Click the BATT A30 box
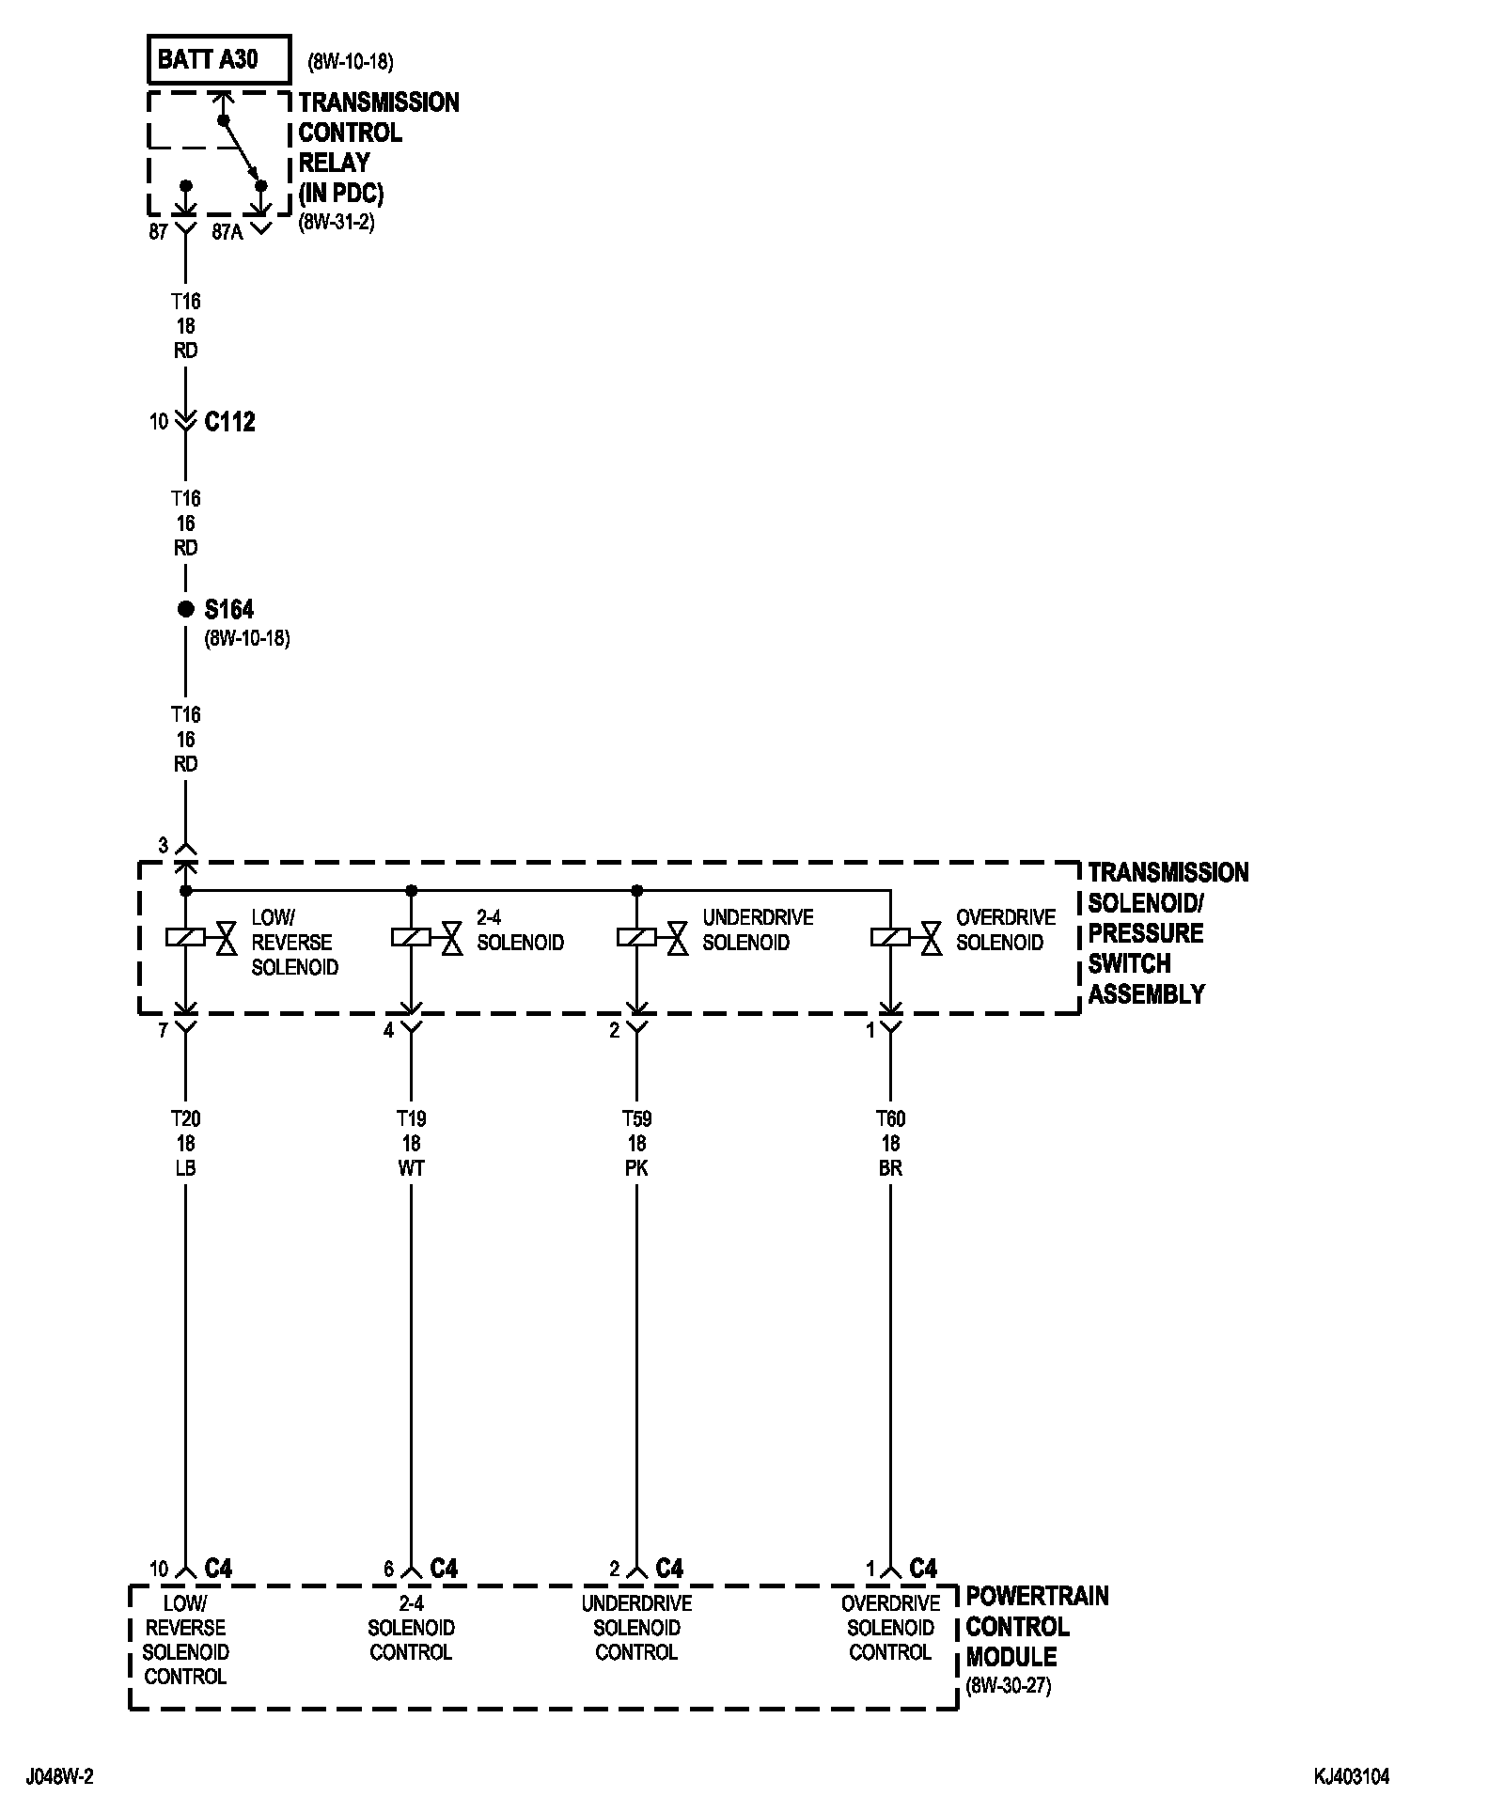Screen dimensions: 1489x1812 217,60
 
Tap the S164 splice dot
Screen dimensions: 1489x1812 185,610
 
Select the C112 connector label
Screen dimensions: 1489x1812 229,422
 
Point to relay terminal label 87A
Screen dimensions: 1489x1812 227,231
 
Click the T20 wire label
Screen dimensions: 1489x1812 185,1118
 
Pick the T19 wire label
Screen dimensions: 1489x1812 411,1118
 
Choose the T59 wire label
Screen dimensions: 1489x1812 636,1118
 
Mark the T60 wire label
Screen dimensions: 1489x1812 890,1118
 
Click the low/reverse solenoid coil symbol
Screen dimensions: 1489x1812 185,937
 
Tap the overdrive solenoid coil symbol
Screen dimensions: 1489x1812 890,937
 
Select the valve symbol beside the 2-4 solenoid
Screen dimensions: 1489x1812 452,937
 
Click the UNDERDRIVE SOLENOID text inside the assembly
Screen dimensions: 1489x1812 758,929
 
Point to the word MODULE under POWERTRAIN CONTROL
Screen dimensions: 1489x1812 1011,1657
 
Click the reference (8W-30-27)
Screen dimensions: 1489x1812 1009,1685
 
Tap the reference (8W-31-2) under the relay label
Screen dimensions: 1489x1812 337,224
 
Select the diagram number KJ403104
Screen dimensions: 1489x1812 1352,1776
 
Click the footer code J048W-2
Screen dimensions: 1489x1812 60,1776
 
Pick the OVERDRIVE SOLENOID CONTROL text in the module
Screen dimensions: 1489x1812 890,1627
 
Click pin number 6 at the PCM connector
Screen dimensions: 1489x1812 388,1569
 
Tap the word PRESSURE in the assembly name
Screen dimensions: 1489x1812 1145,933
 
